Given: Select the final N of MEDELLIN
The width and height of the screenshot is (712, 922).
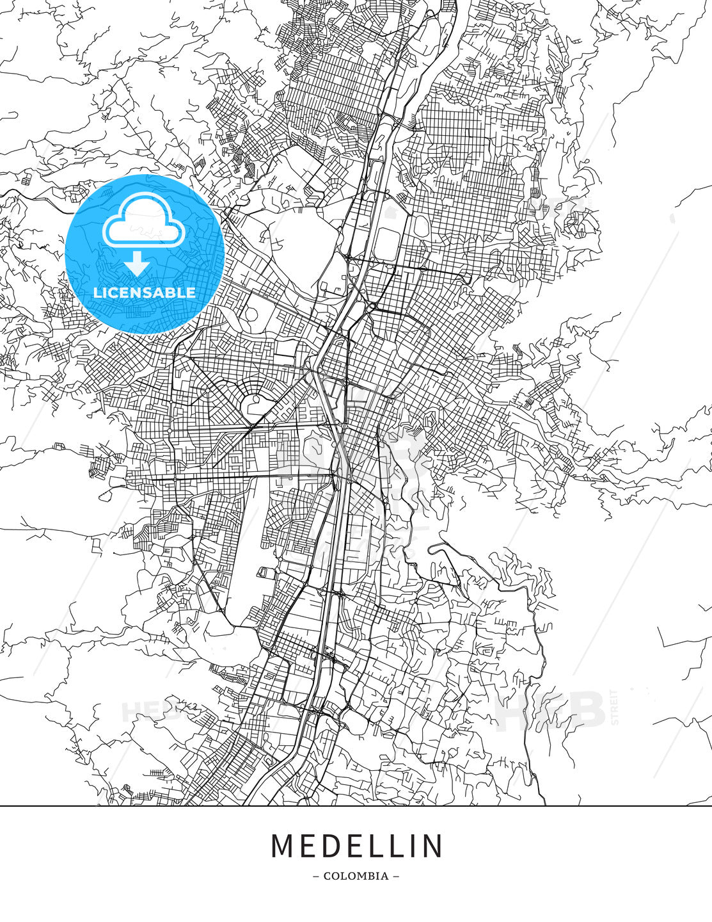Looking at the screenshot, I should pos(432,846).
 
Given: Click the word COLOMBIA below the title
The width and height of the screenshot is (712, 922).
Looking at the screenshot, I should pos(356,876).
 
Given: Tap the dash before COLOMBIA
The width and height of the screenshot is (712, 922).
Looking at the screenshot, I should pos(316,876).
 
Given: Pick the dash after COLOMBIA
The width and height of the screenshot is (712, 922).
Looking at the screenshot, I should pos(396,876).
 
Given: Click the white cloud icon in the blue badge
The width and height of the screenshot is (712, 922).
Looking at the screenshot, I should pos(143,221).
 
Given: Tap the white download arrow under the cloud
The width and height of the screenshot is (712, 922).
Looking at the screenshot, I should pos(138,263).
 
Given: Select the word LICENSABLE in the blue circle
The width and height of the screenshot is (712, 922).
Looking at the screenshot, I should pos(145,293).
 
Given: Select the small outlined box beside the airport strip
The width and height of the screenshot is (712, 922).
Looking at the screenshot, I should pos(264,572).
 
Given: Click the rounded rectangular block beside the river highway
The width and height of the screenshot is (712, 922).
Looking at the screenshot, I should pos(387,243).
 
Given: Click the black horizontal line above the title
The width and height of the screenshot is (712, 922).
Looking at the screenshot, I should pos(356,805).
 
